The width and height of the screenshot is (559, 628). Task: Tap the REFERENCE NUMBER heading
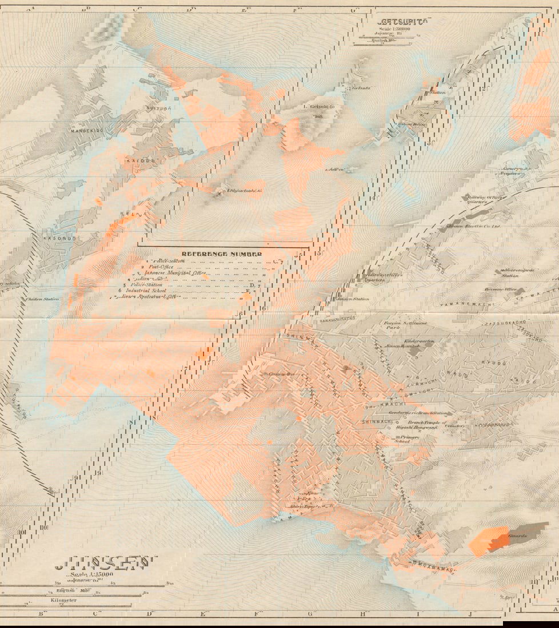click(222, 253)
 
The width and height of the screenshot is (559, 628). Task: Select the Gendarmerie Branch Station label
click(418, 413)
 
